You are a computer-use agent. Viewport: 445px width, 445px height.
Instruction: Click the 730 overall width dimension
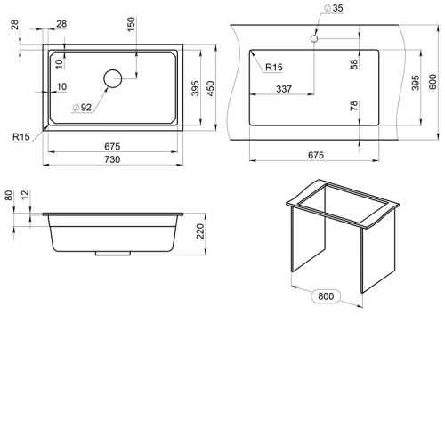112,159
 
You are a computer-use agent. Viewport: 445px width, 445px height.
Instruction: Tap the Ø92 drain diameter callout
82,107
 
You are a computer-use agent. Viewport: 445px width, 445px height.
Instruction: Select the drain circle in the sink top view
113,78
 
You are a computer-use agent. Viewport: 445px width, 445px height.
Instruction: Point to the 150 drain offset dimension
131,24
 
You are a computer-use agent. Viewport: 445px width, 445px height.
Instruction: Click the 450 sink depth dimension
210,88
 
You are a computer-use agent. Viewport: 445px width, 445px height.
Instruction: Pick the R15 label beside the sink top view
21,137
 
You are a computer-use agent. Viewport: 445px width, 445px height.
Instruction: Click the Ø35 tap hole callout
334,8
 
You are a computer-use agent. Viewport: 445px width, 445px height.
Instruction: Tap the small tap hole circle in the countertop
314,38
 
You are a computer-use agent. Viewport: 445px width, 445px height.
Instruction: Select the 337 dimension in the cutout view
284,89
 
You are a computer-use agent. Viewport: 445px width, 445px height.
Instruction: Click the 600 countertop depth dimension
433,82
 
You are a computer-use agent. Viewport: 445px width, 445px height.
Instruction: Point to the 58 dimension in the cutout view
354,64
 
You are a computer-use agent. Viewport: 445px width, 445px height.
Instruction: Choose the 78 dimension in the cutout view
354,106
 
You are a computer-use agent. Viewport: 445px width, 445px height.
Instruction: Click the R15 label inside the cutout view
274,67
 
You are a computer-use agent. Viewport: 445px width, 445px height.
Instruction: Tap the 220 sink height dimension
200,231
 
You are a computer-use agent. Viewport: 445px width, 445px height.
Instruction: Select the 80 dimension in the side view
9,196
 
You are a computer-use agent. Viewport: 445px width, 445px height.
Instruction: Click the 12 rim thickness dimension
26,195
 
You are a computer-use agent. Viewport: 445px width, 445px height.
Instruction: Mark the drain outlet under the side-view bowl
113,254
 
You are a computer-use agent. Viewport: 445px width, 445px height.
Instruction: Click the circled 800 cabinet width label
326,296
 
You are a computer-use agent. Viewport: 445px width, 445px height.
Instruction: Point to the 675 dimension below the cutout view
316,155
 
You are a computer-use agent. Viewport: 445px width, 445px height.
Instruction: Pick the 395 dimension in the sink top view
195,88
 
